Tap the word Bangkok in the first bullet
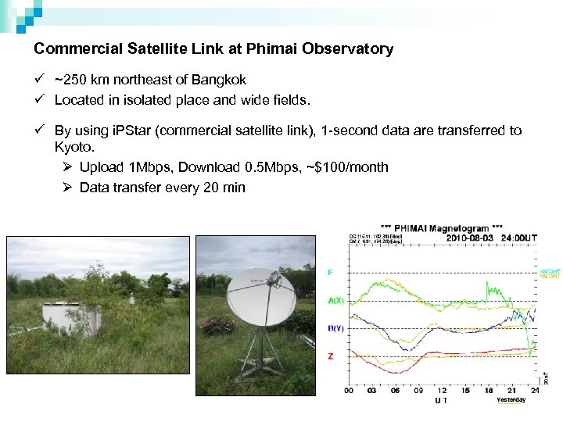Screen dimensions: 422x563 point(221,80)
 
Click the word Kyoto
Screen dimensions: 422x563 point(74,147)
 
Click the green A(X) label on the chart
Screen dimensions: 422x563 point(334,299)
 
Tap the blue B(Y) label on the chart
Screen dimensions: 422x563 point(334,329)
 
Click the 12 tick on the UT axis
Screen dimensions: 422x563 point(441,392)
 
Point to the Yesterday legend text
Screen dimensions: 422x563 point(511,400)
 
